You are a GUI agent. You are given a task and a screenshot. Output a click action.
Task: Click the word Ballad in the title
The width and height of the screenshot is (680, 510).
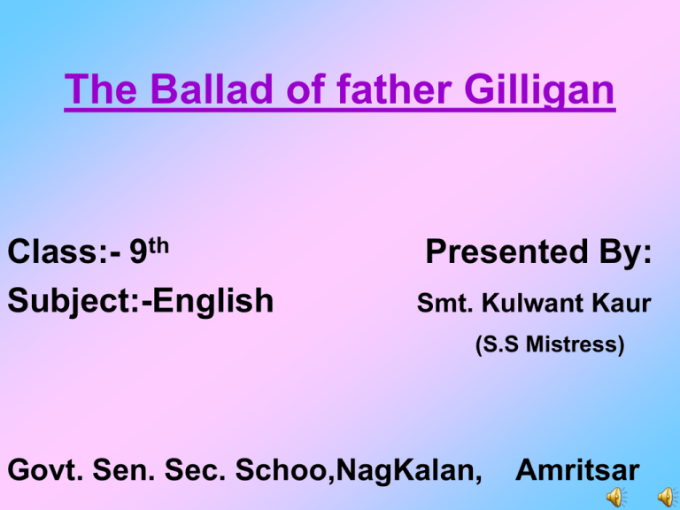[x=212, y=89]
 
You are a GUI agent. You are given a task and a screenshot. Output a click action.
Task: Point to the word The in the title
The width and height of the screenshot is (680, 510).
[x=101, y=89]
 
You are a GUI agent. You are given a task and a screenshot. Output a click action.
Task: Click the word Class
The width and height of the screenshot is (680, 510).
[x=53, y=251]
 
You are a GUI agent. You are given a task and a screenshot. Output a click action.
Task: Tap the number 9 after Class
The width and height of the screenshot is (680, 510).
[x=138, y=252]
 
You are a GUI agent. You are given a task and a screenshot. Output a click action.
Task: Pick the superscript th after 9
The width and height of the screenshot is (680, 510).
[x=158, y=246]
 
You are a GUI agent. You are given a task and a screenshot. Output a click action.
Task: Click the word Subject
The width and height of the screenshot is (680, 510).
[x=69, y=302]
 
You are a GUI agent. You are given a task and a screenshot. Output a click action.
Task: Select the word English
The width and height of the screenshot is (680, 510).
[x=212, y=302]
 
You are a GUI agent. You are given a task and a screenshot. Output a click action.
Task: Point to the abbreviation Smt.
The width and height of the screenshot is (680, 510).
[x=444, y=303]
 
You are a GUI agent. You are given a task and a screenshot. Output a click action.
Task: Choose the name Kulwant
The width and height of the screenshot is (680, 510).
[x=533, y=303]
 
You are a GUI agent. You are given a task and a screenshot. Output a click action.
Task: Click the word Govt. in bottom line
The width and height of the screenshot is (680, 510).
[x=45, y=470]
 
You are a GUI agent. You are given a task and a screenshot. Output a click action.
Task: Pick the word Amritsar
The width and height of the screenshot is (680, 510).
[x=577, y=470]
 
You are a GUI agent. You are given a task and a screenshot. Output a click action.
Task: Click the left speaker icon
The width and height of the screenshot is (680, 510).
[x=616, y=496]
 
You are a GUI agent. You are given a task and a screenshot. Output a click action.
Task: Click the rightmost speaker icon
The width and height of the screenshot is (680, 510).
[x=668, y=496]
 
